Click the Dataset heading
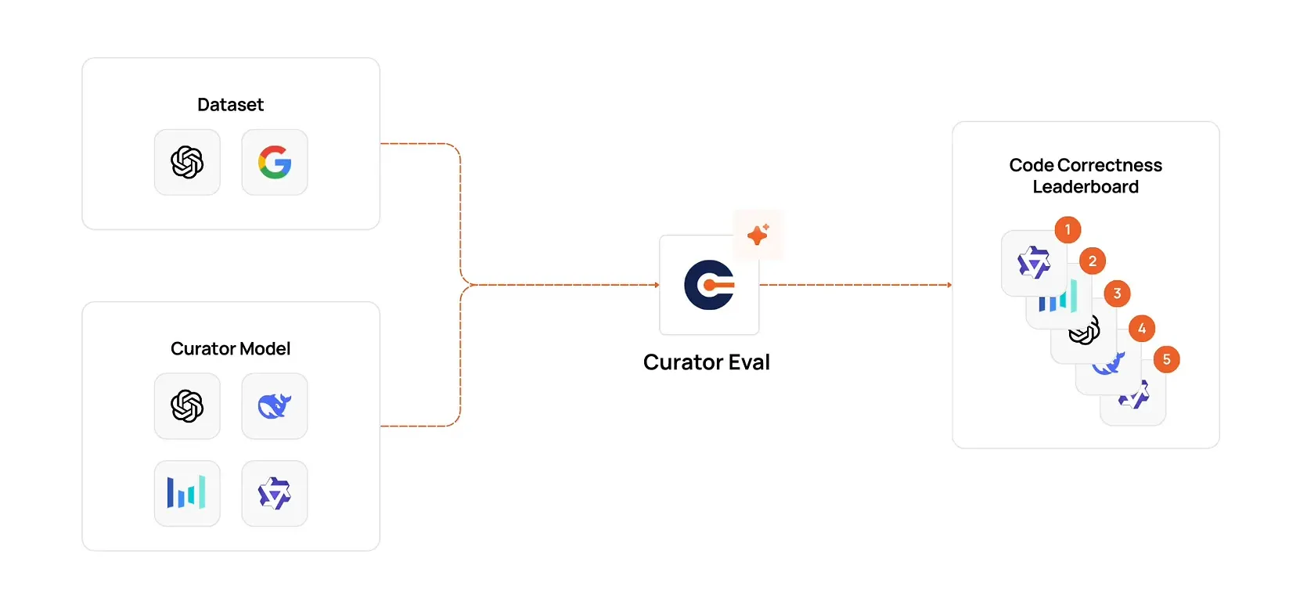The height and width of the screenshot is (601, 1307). (x=230, y=105)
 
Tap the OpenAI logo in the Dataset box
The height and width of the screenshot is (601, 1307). (x=187, y=162)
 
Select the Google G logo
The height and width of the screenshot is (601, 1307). (x=275, y=162)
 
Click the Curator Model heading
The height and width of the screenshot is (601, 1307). (x=230, y=349)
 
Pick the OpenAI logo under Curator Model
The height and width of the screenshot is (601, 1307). (x=187, y=406)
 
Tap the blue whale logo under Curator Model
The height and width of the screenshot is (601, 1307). (x=275, y=406)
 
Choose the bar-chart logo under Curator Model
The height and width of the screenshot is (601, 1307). (x=187, y=493)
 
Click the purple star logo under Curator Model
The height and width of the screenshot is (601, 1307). (x=275, y=493)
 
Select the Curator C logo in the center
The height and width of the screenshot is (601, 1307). (x=709, y=285)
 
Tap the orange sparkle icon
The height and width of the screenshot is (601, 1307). (x=758, y=234)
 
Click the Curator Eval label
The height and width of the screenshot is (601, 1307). (x=706, y=362)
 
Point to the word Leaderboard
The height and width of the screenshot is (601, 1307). (x=1086, y=187)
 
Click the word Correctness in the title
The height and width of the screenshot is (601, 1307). (x=1109, y=165)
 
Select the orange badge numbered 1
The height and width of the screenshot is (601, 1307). (x=1068, y=229)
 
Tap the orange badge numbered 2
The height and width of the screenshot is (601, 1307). (x=1093, y=261)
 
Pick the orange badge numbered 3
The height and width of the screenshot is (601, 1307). (x=1117, y=293)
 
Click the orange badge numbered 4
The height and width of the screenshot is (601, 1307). (x=1142, y=329)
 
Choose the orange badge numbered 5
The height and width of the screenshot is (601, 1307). (x=1166, y=360)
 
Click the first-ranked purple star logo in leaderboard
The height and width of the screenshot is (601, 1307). (x=1033, y=263)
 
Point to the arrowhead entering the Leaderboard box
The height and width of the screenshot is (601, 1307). (x=949, y=285)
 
